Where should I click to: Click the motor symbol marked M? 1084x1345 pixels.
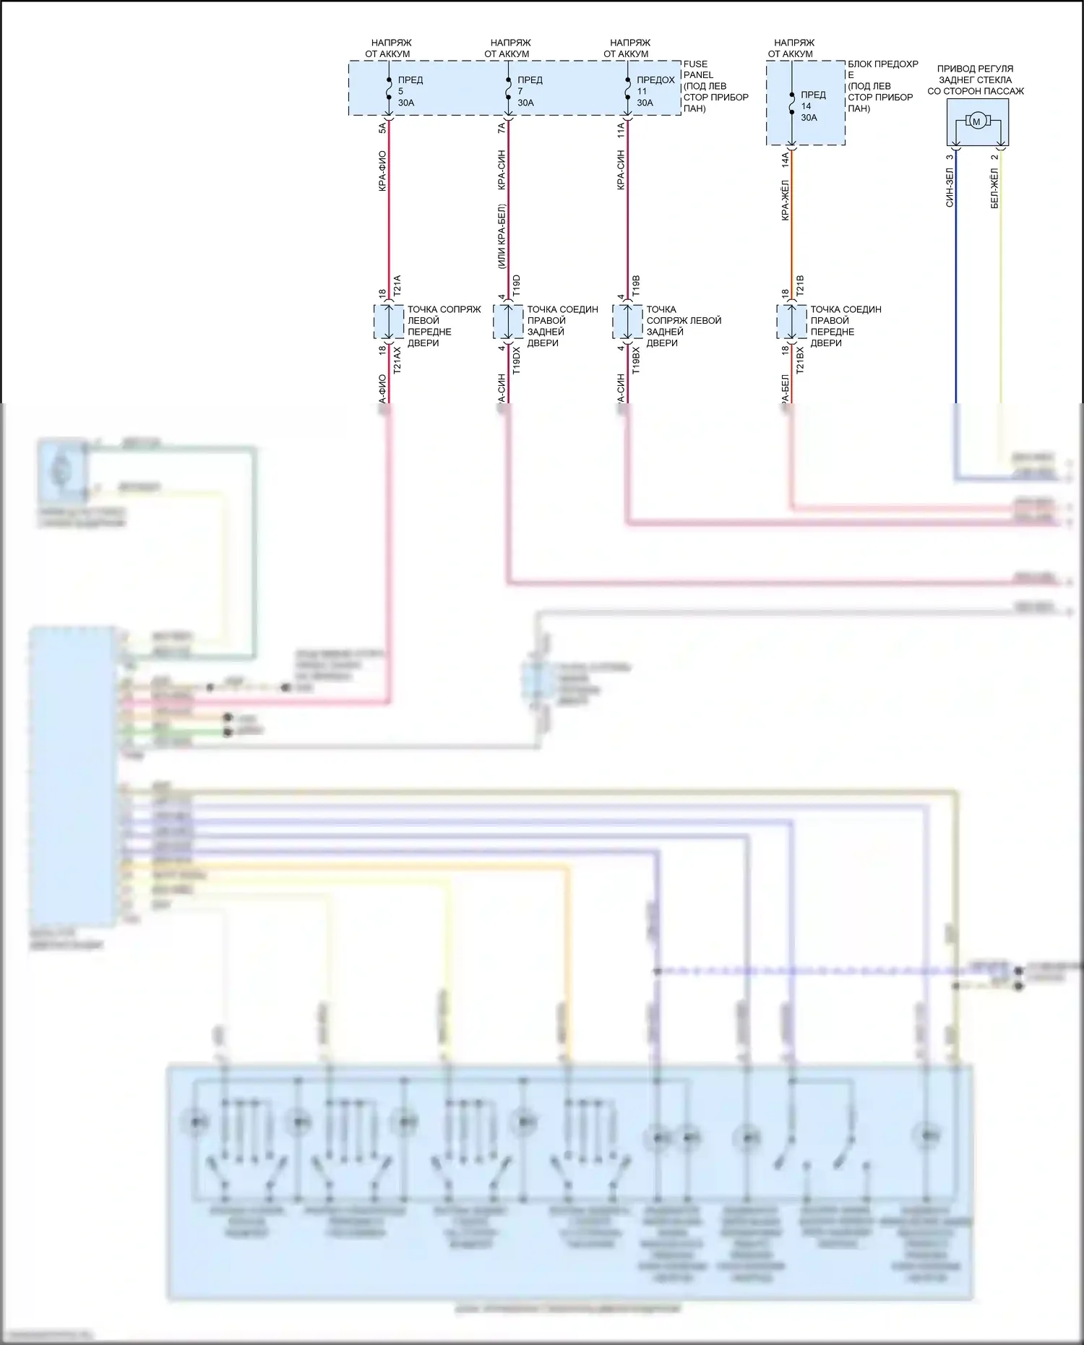[976, 121]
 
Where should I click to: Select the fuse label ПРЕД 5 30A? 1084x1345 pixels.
[409, 91]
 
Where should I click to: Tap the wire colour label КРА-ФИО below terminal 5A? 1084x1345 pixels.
[382, 171]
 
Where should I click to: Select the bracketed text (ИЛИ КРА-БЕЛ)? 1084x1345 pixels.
[502, 236]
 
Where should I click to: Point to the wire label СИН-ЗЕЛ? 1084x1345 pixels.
[950, 188]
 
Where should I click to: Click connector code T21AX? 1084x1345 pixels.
[397, 359]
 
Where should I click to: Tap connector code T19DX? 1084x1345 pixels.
[516, 359]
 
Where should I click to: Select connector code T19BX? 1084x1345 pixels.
[636, 359]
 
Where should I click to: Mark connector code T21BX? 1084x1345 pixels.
[800, 359]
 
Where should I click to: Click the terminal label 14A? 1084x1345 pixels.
[786, 159]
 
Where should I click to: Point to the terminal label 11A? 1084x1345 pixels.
[621, 130]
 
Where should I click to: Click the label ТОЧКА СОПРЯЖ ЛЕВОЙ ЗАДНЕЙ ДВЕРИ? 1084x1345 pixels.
[683, 326]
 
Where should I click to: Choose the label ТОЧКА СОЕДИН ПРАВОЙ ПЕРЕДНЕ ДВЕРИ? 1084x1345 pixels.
[845, 326]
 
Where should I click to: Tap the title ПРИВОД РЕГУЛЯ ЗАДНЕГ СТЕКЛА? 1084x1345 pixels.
[975, 80]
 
